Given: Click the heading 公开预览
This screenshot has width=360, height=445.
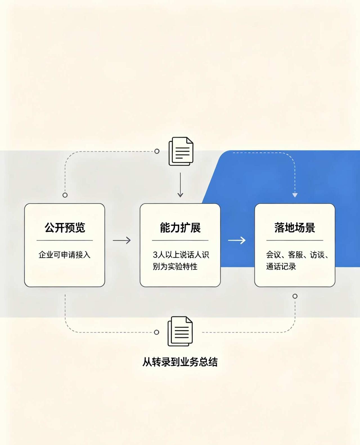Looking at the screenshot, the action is tap(65, 228).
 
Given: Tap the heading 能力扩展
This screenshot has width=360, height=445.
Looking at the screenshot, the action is tap(180, 228).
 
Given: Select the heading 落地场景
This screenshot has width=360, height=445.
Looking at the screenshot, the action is tap(295, 228).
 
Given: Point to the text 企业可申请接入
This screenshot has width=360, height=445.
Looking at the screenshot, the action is tap(64, 255).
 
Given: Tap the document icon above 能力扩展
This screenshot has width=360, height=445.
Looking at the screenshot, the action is tap(181, 151).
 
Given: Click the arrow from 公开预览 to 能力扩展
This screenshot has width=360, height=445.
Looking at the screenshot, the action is tap(122, 240).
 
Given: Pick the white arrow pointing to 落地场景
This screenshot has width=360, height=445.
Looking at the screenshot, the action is tap(237, 240).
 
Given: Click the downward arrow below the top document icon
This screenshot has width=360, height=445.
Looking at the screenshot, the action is tap(180, 185).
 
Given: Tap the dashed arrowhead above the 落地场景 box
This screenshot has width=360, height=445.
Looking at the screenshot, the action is tap(295, 195).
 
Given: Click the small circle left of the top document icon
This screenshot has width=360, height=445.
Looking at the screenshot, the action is tap(157, 151).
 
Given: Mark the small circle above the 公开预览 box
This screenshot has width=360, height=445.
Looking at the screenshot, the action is tap(65, 195).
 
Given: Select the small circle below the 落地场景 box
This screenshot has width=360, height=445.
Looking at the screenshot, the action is tap(295, 296).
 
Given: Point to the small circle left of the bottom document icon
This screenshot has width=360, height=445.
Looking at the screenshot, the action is tap(156, 332).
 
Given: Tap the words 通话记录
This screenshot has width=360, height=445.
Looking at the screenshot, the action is tap(281, 267).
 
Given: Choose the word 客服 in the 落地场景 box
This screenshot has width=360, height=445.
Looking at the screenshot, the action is tap(296, 255).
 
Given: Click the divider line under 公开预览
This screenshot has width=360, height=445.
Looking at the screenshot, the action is tap(65, 241).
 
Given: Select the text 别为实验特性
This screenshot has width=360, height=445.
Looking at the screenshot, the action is tap(175, 267).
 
